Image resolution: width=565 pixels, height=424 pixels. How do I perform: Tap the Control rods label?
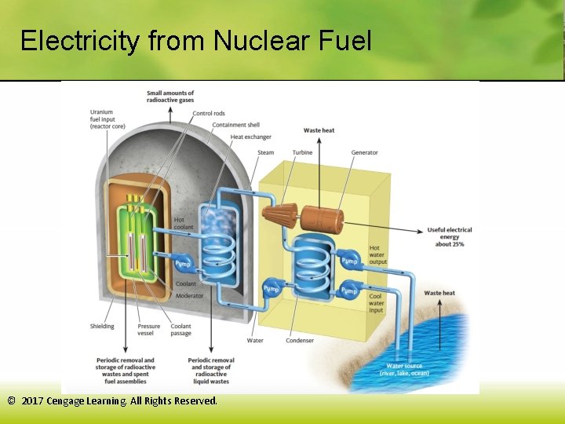pyautogui.click(x=208, y=114)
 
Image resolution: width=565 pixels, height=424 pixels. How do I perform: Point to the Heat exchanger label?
pyautogui.click(x=250, y=137)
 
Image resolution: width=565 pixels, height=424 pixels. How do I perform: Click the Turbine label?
pyautogui.click(x=302, y=152)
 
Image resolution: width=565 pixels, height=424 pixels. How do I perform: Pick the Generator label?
pyautogui.click(x=364, y=152)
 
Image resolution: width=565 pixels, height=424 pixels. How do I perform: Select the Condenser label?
pyautogui.click(x=300, y=341)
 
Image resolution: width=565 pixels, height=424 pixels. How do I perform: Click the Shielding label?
pyautogui.click(x=102, y=327)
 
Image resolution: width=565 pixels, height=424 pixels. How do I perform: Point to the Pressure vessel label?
pyautogui.click(x=149, y=330)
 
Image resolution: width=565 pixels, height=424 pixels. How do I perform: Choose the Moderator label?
pyautogui.click(x=190, y=296)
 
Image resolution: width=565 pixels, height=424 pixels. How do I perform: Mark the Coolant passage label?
pyautogui.click(x=180, y=330)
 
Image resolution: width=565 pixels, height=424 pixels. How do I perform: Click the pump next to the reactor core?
pyautogui.click(x=183, y=264)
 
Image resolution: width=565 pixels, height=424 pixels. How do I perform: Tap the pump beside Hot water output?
pyautogui.click(x=348, y=261)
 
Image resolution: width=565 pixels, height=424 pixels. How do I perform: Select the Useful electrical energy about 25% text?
pyautogui.click(x=449, y=237)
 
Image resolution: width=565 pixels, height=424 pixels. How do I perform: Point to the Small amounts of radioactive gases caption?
pyautogui.click(x=170, y=97)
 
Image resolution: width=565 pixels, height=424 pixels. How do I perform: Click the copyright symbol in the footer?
pyautogui.click(x=11, y=400)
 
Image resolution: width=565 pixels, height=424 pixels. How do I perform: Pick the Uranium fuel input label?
pyautogui.click(x=107, y=119)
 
